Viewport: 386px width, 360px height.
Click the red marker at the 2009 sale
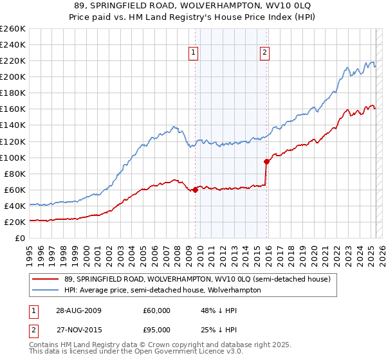196,190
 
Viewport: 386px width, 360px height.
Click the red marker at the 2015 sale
267,161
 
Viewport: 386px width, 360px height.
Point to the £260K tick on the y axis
12,29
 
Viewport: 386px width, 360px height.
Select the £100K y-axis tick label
12,157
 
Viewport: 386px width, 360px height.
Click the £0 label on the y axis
20,239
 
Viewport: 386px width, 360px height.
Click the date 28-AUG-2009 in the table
78,310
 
